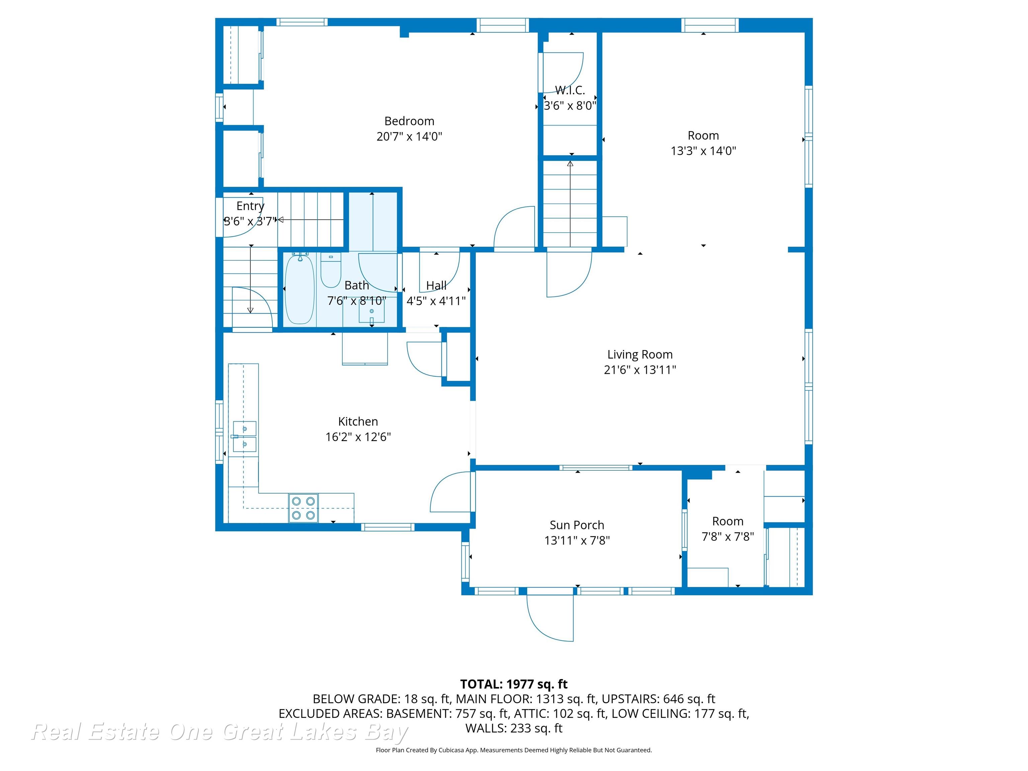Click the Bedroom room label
(x=409, y=121)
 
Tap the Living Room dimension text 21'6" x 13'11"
(x=639, y=370)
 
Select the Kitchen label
(x=358, y=422)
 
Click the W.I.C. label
(x=570, y=90)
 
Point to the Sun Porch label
(x=577, y=525)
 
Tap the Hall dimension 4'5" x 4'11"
(x=436, y=301)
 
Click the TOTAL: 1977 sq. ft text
(x=514, y=684)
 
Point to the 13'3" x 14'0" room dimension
(x=703, y=151)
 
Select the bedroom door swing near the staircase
(x=514, y=228)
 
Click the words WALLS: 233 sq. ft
(x=514, y=728)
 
